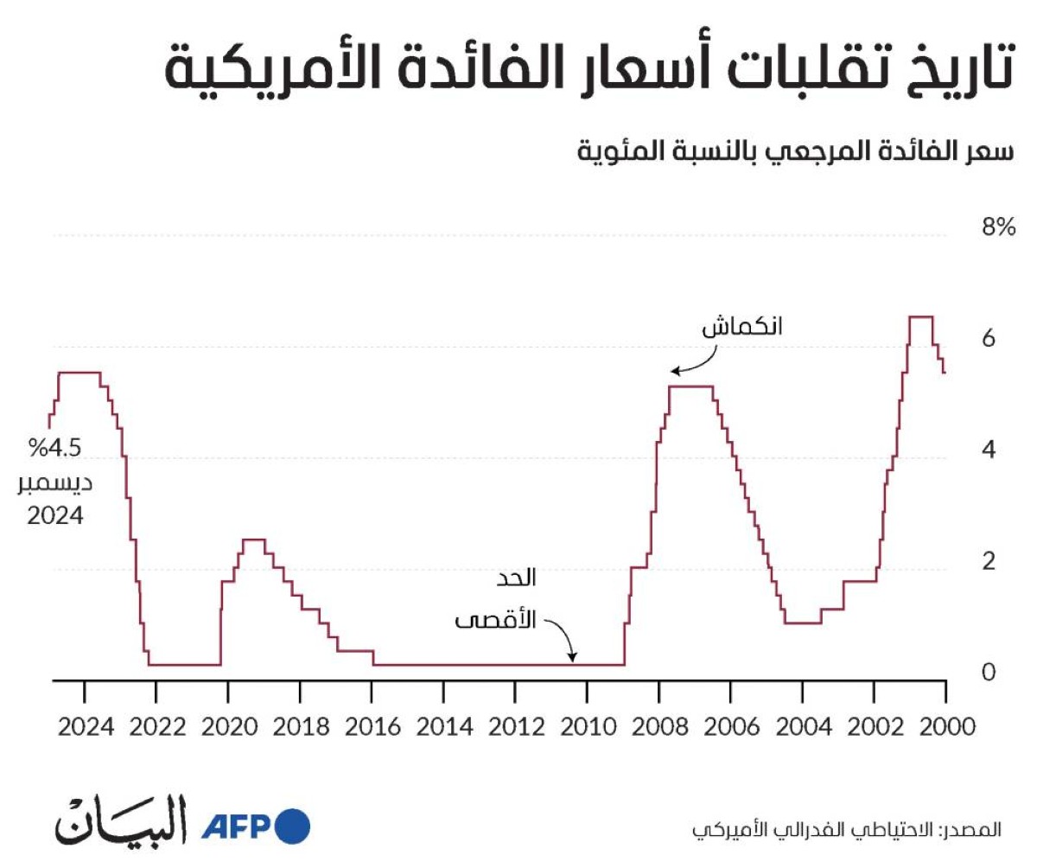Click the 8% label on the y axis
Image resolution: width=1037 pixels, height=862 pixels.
[998, 227]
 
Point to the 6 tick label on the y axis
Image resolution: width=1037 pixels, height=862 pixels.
[989, 338]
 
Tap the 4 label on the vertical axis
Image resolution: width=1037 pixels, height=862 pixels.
[989, 450]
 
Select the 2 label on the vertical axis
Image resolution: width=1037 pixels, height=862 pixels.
[989, 561]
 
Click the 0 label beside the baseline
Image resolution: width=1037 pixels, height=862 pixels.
[989, 672]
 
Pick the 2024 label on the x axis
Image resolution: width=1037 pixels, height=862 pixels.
[86, 727]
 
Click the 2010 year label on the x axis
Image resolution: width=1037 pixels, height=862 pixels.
[588, 727]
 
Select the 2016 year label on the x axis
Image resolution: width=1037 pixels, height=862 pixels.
[373, 727]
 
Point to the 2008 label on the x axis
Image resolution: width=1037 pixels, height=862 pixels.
[660, 727]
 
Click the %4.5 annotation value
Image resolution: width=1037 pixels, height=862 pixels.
[54, 448]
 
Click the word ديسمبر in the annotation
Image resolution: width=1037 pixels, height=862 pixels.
[55, 483]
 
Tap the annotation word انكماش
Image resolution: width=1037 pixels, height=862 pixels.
[742, 327]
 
